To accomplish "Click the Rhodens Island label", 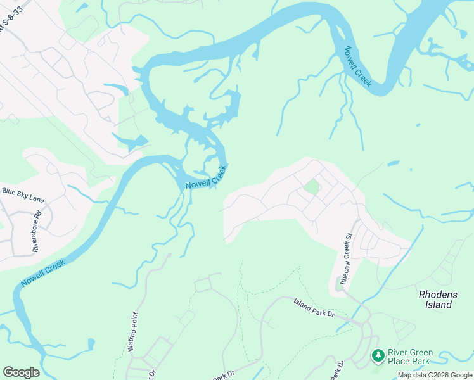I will pyautogui.click(x=435, y=300).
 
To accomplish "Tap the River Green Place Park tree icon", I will pyautogui.click(x=378, y=357).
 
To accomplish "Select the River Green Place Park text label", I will pyautogui.click(x=410, y=357).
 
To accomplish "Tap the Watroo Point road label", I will pyautogui.click(x=133, y=331).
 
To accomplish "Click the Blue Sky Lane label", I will pyautogui.click(x=23, y=194).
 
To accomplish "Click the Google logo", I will pyautogui.click(x=21, y=372).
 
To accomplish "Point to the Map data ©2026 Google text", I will pyautogui.click(x=435, y=375).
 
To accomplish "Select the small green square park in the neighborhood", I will pyautogui.click(x=311, y=187).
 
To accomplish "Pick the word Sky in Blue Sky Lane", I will pyautogui.click(x=23, y=194).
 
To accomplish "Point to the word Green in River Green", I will pyautogui.click(x=417, y=353).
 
